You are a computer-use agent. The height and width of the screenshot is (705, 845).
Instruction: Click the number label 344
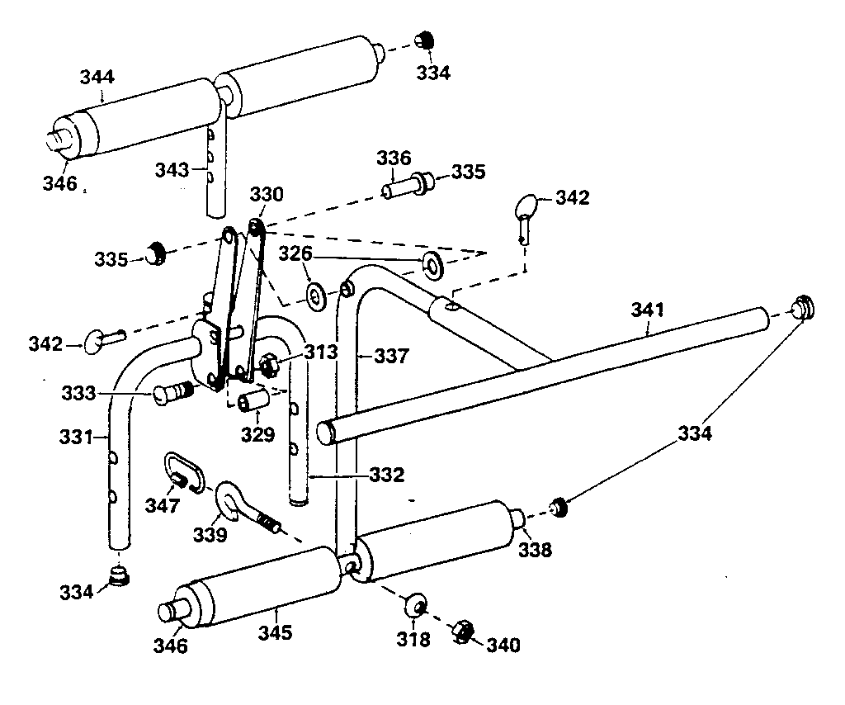point(97,78)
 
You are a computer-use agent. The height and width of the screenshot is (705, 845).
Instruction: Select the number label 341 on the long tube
point(648,310)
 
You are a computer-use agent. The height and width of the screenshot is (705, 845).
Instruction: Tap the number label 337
point(391,357)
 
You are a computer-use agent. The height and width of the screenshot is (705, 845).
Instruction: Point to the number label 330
point(267,195)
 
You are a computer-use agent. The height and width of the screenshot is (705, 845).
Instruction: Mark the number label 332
point(387,475)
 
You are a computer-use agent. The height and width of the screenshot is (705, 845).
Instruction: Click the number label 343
point(172,169)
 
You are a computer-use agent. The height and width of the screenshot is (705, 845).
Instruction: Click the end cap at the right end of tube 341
point(801,307)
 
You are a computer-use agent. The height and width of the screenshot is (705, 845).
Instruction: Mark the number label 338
point(535,549)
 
